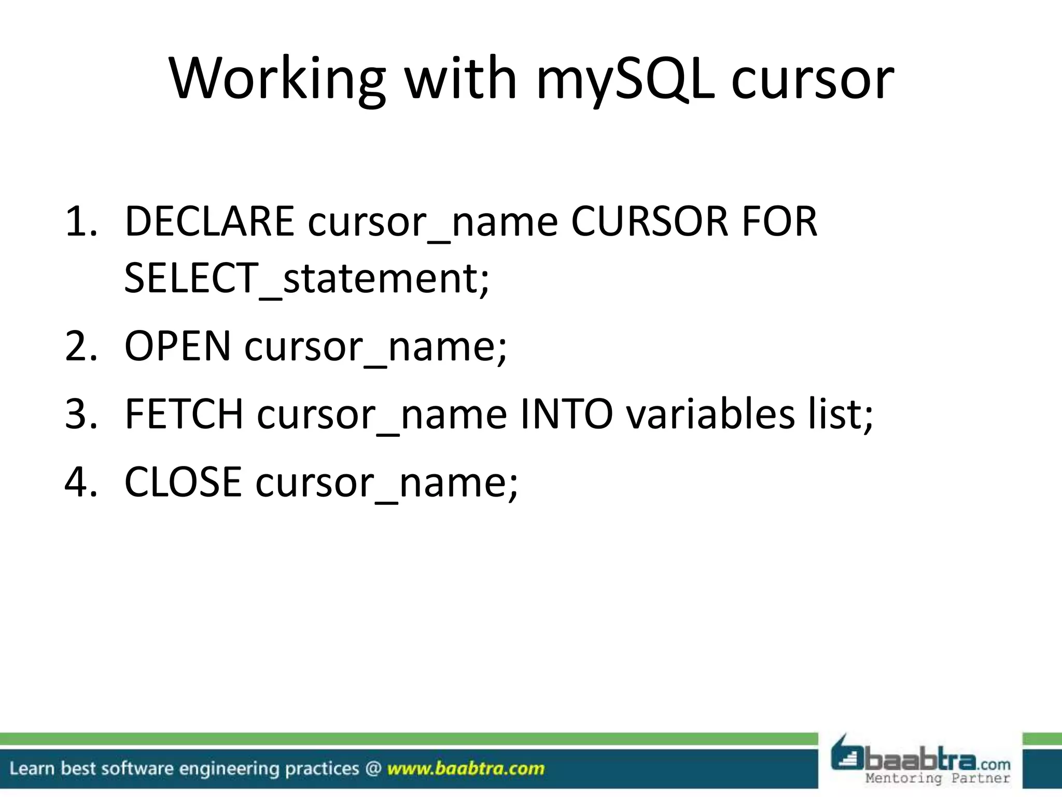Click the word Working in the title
point(277,79)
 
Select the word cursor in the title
point(813,79)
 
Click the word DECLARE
point(209,222)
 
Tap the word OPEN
point(177,346)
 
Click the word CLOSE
point(183,482)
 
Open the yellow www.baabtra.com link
point(466,768)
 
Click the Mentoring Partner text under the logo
point(938,778)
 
